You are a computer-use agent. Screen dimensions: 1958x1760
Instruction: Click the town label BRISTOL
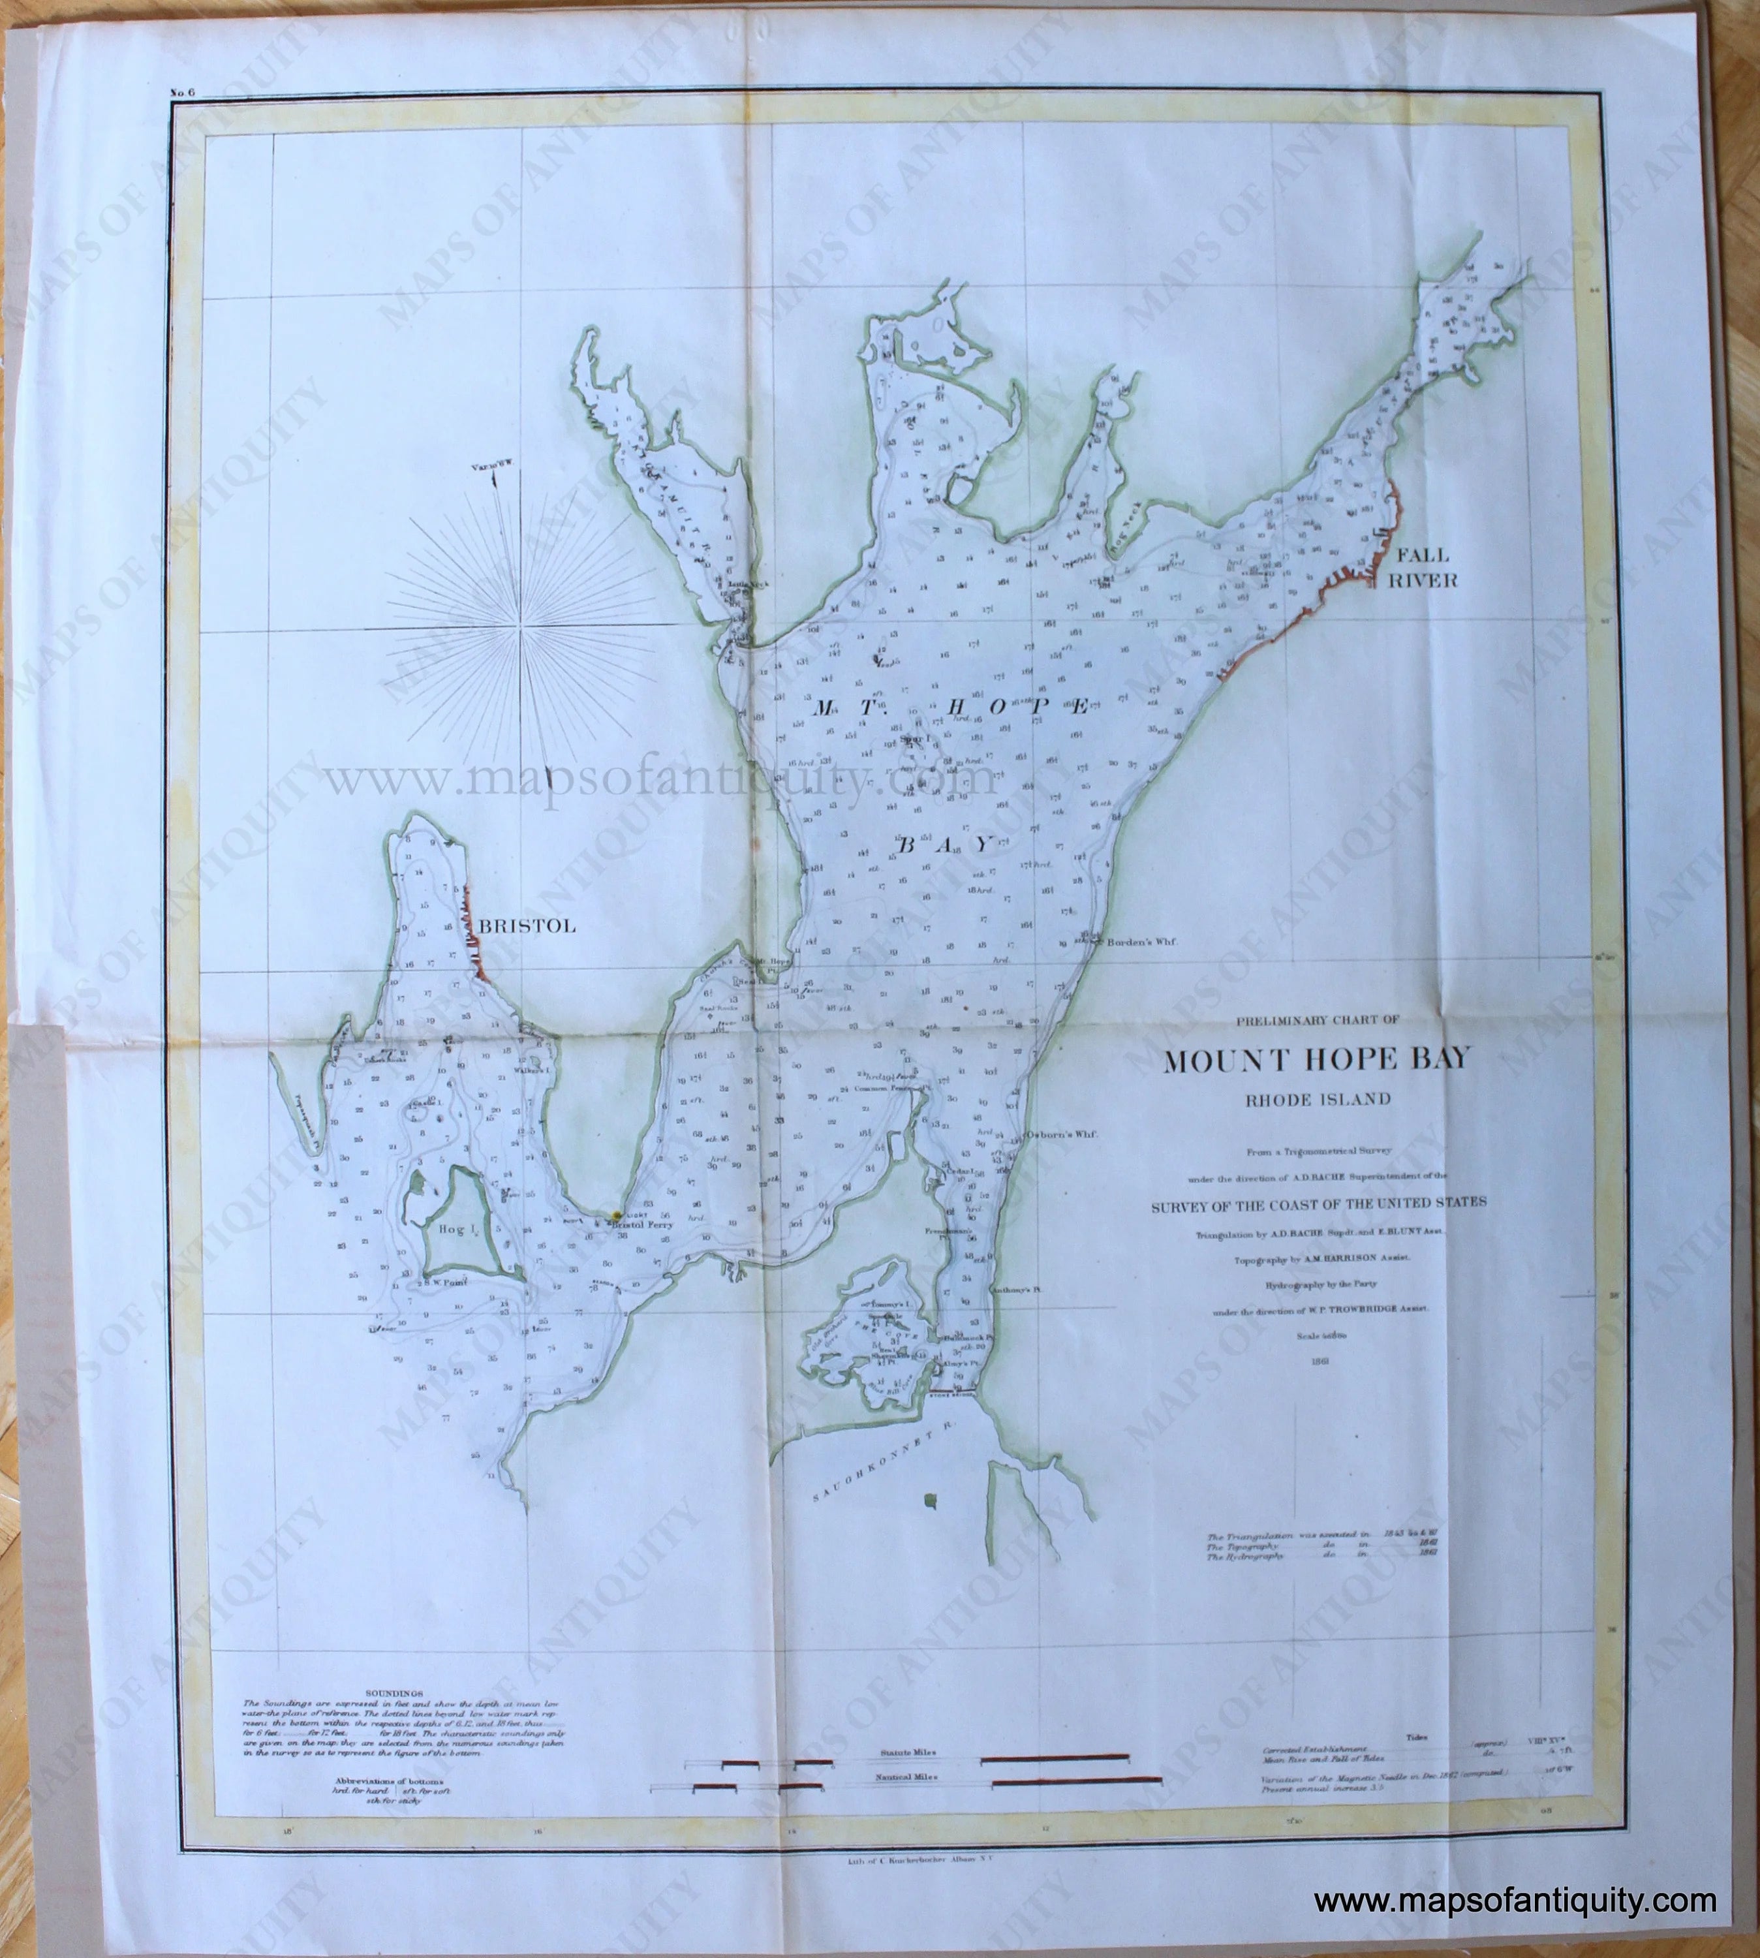(527, 925)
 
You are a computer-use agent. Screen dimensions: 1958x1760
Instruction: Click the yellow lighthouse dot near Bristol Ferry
(615, 1213)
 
